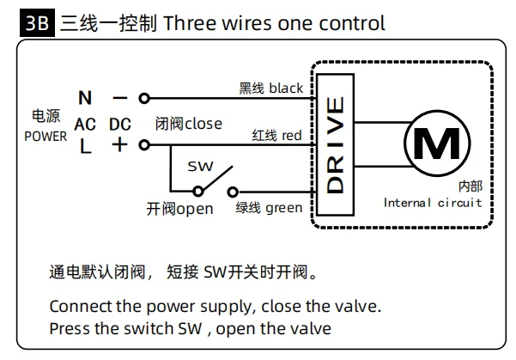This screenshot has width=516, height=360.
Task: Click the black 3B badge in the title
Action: click(x=37, y=22)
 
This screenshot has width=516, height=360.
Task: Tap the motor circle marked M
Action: click(x=437, y=111)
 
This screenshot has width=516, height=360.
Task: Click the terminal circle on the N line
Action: click(x=144, y=98)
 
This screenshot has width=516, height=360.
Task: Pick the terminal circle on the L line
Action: click(x=144, y=144)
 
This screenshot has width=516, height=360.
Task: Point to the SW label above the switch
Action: click(x=200, y=167)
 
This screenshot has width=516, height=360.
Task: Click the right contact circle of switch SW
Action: click(x=233, y=192)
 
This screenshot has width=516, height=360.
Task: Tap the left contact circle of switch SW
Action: click(x=198, y=192)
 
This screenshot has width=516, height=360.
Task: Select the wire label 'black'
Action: click(x=286, y=88)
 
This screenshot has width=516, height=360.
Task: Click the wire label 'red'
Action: click(x=292, y=136)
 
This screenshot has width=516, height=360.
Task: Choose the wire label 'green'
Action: click(x=284, y=209)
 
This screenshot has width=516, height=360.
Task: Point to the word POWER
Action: click(x=46, y=137)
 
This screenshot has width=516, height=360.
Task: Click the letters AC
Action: click(x=85, y=125)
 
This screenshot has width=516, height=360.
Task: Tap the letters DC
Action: click(x=120, y=125)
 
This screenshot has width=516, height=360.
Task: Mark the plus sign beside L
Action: click(x=120, y=144)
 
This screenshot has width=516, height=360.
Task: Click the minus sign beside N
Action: click(x=120, y=98)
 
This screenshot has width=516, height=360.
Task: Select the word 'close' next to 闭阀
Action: click(x=203, y=124)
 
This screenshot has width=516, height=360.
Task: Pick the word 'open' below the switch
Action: click(x=195, y=210)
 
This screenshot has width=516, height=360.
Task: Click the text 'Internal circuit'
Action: click(x=433, y=203)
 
